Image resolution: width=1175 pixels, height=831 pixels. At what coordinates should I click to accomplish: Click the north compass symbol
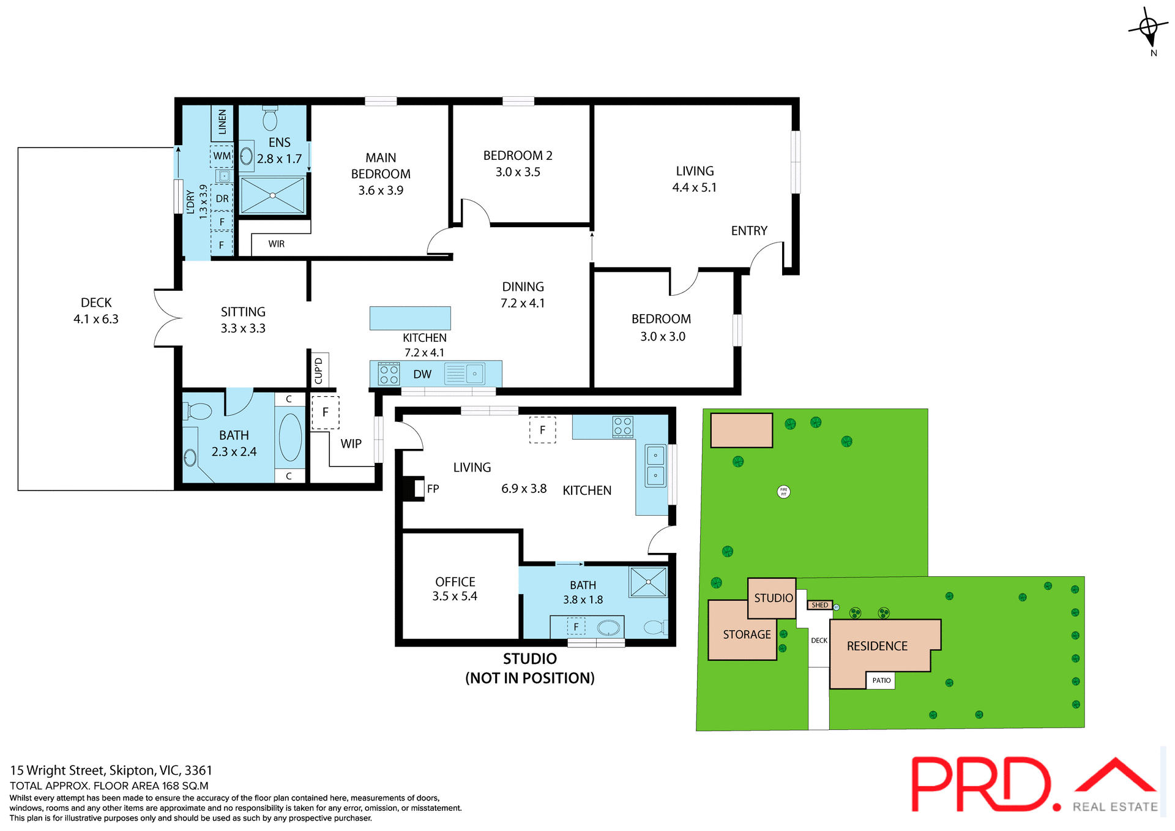point(1149,28)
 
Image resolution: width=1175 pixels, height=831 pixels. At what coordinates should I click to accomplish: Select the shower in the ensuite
point(272,195)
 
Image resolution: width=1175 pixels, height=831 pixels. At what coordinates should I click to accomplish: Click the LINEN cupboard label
point(222,122)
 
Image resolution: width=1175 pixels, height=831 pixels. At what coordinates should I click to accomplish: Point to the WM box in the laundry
point(222,156)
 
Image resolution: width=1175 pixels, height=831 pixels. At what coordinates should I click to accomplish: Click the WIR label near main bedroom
point(276,244)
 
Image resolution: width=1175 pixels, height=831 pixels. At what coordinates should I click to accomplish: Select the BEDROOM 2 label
point(518,156)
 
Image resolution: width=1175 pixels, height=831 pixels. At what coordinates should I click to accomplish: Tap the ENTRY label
point(749,231)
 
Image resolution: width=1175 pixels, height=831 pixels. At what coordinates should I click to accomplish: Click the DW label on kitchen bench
point(422,374)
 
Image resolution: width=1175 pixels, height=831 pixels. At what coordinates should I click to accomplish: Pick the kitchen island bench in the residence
point(410,318)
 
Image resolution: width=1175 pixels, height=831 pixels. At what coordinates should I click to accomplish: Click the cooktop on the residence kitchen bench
point(389,374)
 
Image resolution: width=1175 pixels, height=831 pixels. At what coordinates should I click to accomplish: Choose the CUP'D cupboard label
point(318,370)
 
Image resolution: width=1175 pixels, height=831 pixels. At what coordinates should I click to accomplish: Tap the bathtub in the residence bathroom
point(290,437)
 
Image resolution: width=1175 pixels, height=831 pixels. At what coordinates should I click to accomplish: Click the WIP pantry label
point(351,443)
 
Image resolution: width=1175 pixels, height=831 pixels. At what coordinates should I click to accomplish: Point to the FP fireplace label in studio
point(433,489)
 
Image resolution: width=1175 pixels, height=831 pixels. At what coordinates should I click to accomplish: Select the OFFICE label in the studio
point(455,582)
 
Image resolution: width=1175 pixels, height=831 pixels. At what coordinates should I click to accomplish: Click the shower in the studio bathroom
point(648,582)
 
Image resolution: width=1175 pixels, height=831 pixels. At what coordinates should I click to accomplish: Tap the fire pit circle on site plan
point(783,491)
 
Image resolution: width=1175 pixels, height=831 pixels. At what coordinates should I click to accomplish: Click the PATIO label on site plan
point(881,680)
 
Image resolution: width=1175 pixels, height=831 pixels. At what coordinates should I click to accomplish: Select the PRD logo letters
point(983,784)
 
